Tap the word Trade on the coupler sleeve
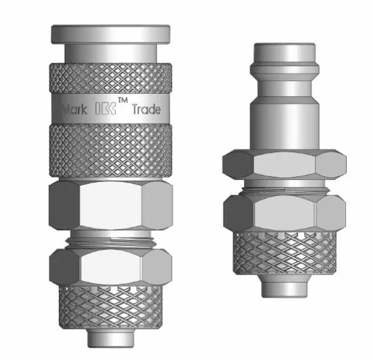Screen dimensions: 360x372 (x=147, y=109)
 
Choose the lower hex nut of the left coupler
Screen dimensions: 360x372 (x=110, y=265)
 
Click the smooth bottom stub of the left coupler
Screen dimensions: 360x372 (x=110, y=338)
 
